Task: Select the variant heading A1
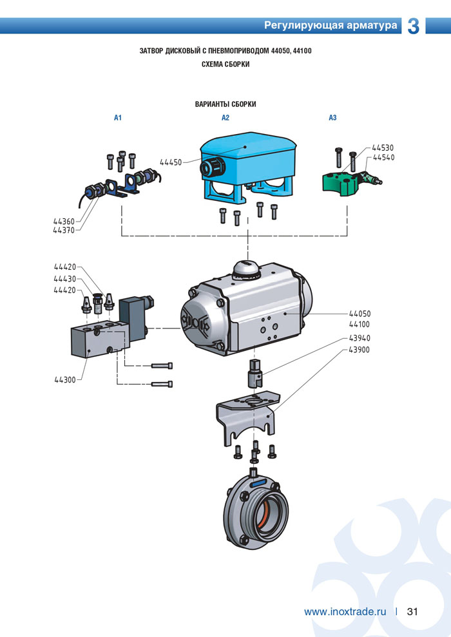118,118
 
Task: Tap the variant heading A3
332,118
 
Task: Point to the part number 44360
64,222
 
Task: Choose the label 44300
65,380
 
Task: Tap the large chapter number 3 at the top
414,26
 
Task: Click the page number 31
413,611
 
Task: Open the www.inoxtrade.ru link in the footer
345,611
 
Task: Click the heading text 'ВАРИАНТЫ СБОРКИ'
225,104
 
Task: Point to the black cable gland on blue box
208,168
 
